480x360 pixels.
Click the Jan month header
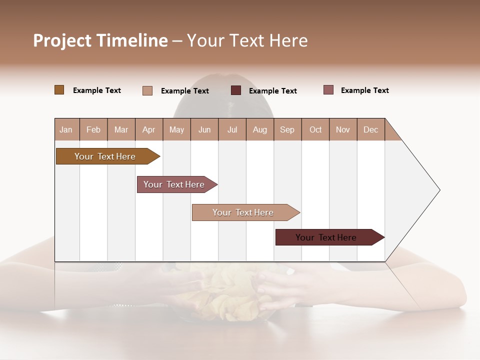[x=66, y=129]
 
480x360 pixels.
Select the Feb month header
[x=93, y=129]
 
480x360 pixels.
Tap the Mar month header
[x=121, y=129]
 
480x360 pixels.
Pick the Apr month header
[x=149, y=129]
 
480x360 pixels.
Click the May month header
[x=176, y=129]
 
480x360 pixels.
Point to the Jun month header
[x=204, y=129]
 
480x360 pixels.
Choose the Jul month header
[x=232, y=129]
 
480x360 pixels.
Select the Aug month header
[x=260, y=129]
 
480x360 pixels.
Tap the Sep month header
[x=287, y=129]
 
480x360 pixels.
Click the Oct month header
[x=315, y=129]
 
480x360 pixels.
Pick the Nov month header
[x=343, y=129]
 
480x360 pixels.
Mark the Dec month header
[x=370, y=129]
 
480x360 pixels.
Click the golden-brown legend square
[x=59, y=90]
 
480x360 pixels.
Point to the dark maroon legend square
[x=236, y=90]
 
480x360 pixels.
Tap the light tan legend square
[x=147, y=90]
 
